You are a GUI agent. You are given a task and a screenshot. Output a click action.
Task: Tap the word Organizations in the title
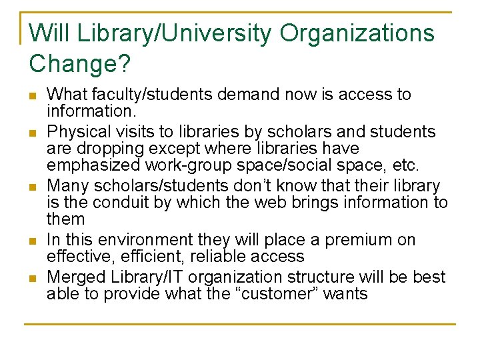(357, 33)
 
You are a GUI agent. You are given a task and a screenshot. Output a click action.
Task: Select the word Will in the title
(47, 33)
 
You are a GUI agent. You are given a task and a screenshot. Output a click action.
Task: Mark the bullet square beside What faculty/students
(33, 95)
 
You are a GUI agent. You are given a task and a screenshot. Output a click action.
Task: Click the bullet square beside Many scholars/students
(33, 186)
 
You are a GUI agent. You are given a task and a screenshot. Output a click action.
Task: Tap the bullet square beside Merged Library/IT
(33, 277)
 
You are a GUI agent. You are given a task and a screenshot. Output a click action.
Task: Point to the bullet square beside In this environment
(33, 241)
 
